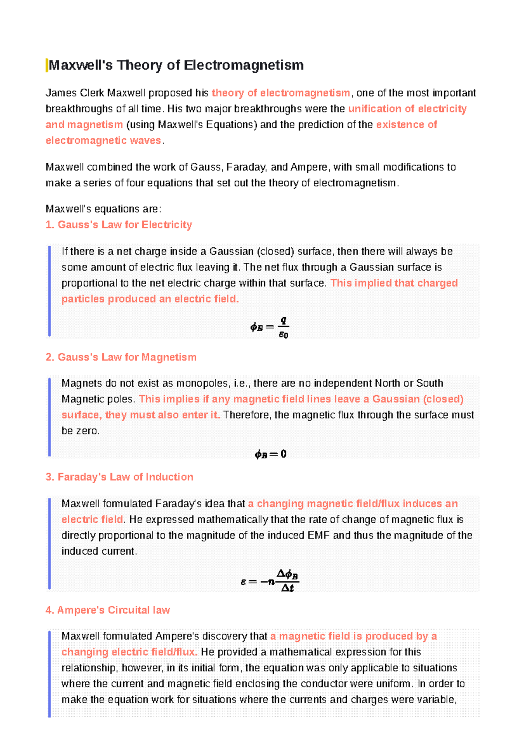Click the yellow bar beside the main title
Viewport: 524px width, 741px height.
(47, 65)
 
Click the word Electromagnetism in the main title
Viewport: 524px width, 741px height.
(243, 65)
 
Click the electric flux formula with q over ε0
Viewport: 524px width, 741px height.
(269, 327)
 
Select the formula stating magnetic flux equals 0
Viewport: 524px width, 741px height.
(270, 454)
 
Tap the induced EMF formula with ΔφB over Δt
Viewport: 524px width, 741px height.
(269, 581)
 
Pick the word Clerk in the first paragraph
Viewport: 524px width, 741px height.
(92, 93)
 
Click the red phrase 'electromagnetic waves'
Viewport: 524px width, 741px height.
(103, 141)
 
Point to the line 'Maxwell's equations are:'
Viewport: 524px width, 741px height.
(103, 209)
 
